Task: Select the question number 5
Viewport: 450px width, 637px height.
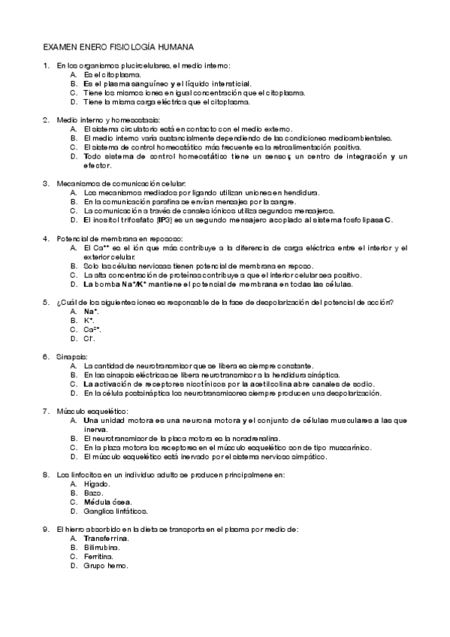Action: point(47,302)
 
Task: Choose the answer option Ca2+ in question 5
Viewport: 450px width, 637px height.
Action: point(92,329)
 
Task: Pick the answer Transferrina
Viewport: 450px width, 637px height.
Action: point(106,539)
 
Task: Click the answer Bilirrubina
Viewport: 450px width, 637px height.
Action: point(101,548)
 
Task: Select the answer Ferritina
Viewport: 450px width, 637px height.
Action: point(98,557)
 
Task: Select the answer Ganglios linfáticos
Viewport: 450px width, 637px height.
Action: point(116,511)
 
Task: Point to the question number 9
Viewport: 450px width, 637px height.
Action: point(47,530)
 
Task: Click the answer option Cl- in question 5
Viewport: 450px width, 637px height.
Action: point(89,338)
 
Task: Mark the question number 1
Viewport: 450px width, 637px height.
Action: point(47,65)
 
